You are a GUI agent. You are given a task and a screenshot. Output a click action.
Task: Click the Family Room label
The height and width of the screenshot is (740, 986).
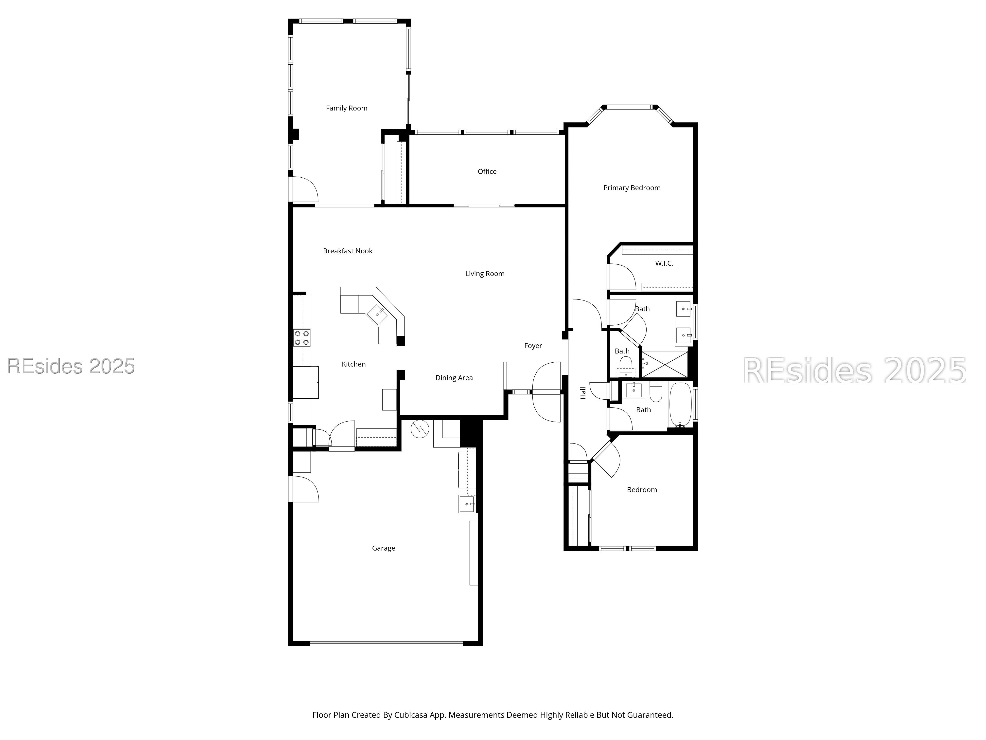[x=346, y=108]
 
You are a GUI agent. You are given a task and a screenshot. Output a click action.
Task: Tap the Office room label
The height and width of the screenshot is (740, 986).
[x=487, y=171]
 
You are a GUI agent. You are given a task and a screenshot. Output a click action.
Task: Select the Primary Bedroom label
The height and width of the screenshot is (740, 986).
[x=632, y=188]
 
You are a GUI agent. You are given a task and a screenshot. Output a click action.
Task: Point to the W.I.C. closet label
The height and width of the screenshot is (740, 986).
[x=664, y=263]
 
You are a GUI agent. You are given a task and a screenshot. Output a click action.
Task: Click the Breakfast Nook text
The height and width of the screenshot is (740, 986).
[x=348, y=251]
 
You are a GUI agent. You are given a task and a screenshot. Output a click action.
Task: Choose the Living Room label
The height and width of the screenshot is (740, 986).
[x=485, y=273]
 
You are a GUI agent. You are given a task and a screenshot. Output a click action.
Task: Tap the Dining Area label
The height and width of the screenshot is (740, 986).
[x=454, y=378]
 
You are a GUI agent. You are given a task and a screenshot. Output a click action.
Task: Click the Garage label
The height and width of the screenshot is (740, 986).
[x=383, y=548]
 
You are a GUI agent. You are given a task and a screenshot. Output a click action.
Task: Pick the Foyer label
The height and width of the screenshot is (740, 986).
[x=533, y=346]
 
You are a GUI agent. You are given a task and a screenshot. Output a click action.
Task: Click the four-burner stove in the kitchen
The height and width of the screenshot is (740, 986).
[x=302, y=338]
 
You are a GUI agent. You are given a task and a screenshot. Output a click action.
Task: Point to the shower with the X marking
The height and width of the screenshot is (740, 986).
[x=664, y=364]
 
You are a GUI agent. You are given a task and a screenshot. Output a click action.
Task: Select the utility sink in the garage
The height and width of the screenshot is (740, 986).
[x=467, y=504]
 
